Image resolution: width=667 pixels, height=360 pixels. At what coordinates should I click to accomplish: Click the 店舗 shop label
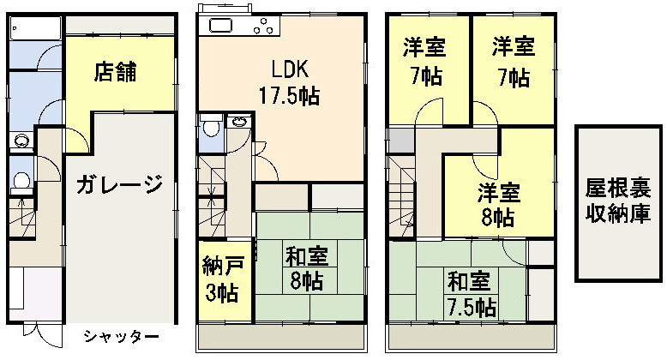coord(115,71)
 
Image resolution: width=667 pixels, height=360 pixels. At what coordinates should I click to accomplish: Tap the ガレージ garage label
coord(120,184)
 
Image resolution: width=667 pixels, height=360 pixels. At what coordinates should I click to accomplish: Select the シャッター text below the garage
coord(121,337)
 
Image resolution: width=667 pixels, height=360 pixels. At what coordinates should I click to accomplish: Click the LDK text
coord(290,69)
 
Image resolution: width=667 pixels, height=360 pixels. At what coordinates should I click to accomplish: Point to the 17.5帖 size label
coord(290,96)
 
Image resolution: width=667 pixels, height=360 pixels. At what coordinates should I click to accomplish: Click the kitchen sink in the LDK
coord(220,26)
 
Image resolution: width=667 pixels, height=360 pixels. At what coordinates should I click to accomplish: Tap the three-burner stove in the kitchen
coord(264,26)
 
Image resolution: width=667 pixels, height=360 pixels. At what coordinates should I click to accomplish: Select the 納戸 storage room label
coord(222,266)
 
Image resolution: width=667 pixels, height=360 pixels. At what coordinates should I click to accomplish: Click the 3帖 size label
coord(222,293)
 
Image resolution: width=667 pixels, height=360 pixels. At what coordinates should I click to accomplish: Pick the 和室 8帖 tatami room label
coord(307,269)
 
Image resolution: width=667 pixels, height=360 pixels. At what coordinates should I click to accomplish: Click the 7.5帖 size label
coord(472,307)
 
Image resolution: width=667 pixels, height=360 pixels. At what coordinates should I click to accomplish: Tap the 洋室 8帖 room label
coord(498,205)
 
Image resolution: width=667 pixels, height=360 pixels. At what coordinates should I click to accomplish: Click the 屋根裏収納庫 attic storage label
coord(618,201)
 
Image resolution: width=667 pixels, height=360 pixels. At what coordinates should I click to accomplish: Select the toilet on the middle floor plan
coord(211,126)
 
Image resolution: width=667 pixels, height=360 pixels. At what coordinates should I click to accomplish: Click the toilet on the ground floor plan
coord(21,181)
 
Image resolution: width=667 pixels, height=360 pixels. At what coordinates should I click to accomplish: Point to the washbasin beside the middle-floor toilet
coord(238,122)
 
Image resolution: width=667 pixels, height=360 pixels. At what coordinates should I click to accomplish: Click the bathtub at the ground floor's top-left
coord(36,29)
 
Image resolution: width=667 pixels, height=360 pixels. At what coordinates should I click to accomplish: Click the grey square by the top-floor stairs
coord(400,140)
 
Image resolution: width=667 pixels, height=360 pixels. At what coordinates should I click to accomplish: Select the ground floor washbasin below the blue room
coord(21,141)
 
